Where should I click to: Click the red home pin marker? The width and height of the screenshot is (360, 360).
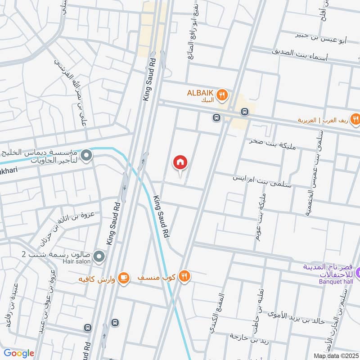180,162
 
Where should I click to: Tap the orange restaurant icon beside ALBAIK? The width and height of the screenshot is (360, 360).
222,95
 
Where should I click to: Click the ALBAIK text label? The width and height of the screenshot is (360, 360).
201,93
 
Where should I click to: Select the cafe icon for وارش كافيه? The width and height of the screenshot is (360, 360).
125,278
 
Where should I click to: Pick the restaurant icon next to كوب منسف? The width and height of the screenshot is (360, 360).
184,275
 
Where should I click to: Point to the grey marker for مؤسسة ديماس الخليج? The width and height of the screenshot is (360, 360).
87,156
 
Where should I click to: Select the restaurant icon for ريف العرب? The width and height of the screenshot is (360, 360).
355,119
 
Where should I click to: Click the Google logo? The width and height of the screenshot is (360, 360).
19,353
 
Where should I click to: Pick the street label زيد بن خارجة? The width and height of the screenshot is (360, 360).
250,336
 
